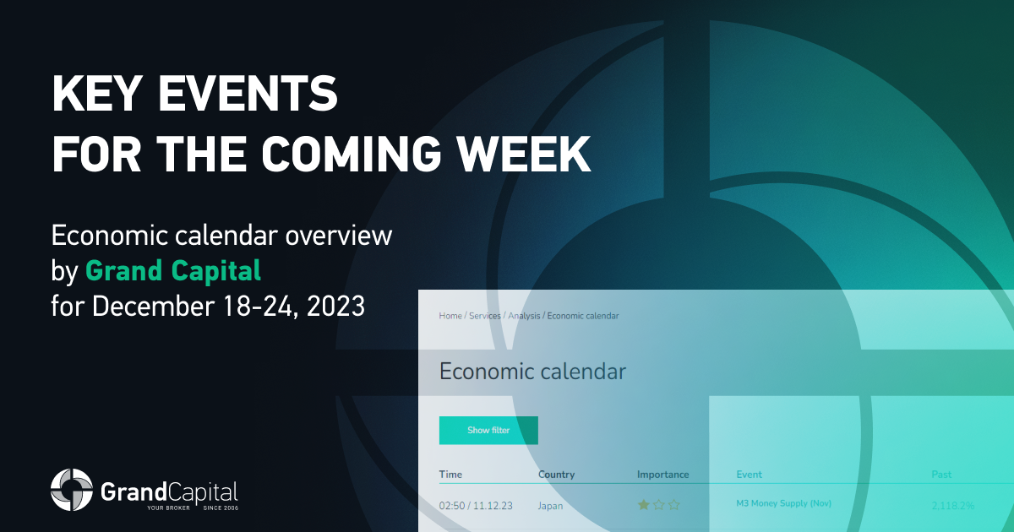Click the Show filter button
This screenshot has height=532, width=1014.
[x=488, y=430]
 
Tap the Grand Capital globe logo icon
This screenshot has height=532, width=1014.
[x=72, y=490]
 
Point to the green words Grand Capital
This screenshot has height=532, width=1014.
[x=173, y=270]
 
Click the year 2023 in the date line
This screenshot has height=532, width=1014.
[x=335, y=307]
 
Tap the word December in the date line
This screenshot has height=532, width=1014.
[x=154, y=307]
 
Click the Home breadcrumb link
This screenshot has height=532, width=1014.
[x=450, y=316]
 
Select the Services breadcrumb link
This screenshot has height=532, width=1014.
[x=485, y=316]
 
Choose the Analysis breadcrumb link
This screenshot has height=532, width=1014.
[x=524, y=316]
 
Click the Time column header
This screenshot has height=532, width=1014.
[x=450, y=475]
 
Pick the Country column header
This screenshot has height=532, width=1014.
[x=556, y=475]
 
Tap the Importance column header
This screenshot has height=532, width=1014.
[x=663, y=475]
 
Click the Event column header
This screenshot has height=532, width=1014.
[x=750, y=475]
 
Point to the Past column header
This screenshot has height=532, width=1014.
[x=941, y=475]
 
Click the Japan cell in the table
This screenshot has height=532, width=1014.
[x=550, y=506]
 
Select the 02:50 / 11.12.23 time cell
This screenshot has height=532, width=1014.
[x=476, y=506]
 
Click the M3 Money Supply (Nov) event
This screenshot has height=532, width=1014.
[x=784, y=503]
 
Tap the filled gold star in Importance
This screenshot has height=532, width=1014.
[x=644, y=505]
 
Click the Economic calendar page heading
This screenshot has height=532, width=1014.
[x=533, y=372]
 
